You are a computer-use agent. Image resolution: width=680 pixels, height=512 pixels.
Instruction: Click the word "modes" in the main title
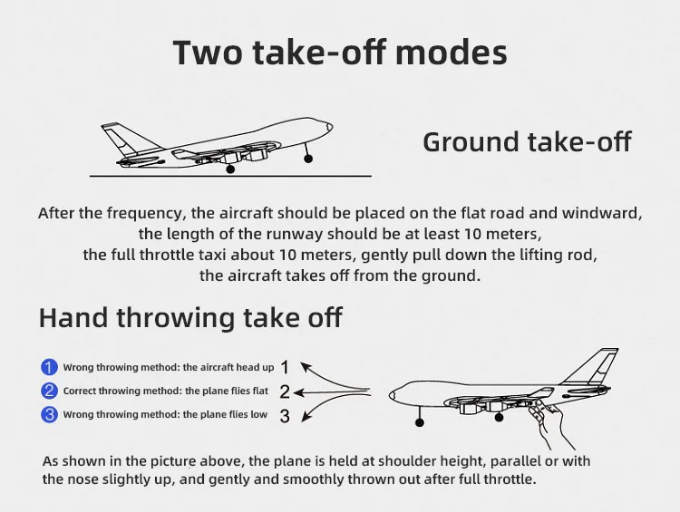point(451,53)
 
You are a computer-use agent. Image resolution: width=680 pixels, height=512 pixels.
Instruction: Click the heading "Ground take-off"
point(527,141)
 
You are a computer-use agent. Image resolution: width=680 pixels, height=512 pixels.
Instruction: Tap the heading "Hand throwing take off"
point(190,317)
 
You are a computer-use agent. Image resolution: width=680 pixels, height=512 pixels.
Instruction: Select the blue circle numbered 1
point(49,367)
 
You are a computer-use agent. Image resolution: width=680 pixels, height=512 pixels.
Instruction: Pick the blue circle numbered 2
point(49,391)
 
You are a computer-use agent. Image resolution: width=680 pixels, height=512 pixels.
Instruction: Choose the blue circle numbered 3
point(49,414)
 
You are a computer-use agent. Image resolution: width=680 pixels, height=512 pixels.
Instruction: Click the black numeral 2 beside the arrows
point(285,391)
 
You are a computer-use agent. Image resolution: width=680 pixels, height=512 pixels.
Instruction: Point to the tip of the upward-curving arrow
point(301,363)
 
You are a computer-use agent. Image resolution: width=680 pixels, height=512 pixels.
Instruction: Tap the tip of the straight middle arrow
point(294,393)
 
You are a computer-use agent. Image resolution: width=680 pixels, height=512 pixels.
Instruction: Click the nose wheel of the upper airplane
point(308,159)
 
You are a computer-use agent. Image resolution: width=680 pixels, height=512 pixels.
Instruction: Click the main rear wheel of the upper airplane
point(230,169)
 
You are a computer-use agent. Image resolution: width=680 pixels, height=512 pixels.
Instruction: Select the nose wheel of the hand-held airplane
point(420,422)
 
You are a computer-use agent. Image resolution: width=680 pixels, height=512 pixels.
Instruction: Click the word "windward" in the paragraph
point(600,213)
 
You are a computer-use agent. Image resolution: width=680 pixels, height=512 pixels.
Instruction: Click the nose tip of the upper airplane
point(332,127)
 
